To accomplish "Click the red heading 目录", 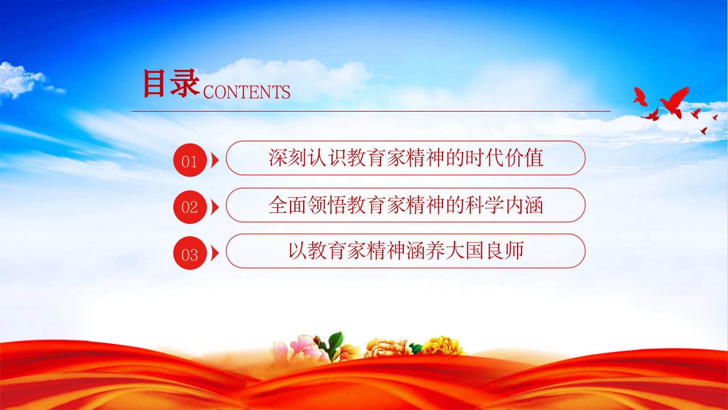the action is (171, 83).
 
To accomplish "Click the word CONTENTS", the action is (247, 92).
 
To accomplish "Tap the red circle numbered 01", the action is (190, 160).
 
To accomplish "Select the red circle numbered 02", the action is (190, 207).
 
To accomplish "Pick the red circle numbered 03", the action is (190, 253).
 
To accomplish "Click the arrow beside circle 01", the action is (215, 160).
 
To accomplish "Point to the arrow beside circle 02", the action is (215, 207).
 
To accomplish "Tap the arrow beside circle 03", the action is (215, 253).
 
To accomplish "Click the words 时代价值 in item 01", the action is (504, 158).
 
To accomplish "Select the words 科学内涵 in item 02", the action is (504, 205).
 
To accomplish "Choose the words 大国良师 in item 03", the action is (485, 251).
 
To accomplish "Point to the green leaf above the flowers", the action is (336, 342).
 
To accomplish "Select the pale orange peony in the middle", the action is (387, 348).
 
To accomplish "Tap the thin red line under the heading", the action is (371, 111).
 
